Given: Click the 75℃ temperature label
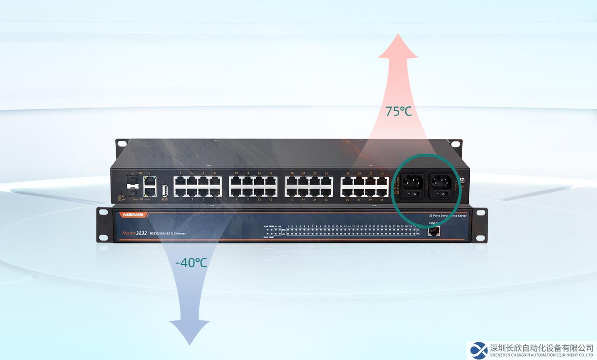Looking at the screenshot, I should click(x=398, y=111).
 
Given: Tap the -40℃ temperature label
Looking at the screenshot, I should click(x=191, y=263).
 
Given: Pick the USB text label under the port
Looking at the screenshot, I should click(x=165, y=199).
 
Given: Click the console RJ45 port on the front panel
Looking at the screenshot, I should click(x=433, y=232).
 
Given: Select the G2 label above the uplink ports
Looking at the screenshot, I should click(x=141, y=173).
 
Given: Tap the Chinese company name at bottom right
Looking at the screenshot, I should click(x=541, y=347).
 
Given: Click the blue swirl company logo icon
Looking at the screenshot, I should click(x=479, y=350).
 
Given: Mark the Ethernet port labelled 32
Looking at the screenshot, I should click(x=382, y=181).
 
